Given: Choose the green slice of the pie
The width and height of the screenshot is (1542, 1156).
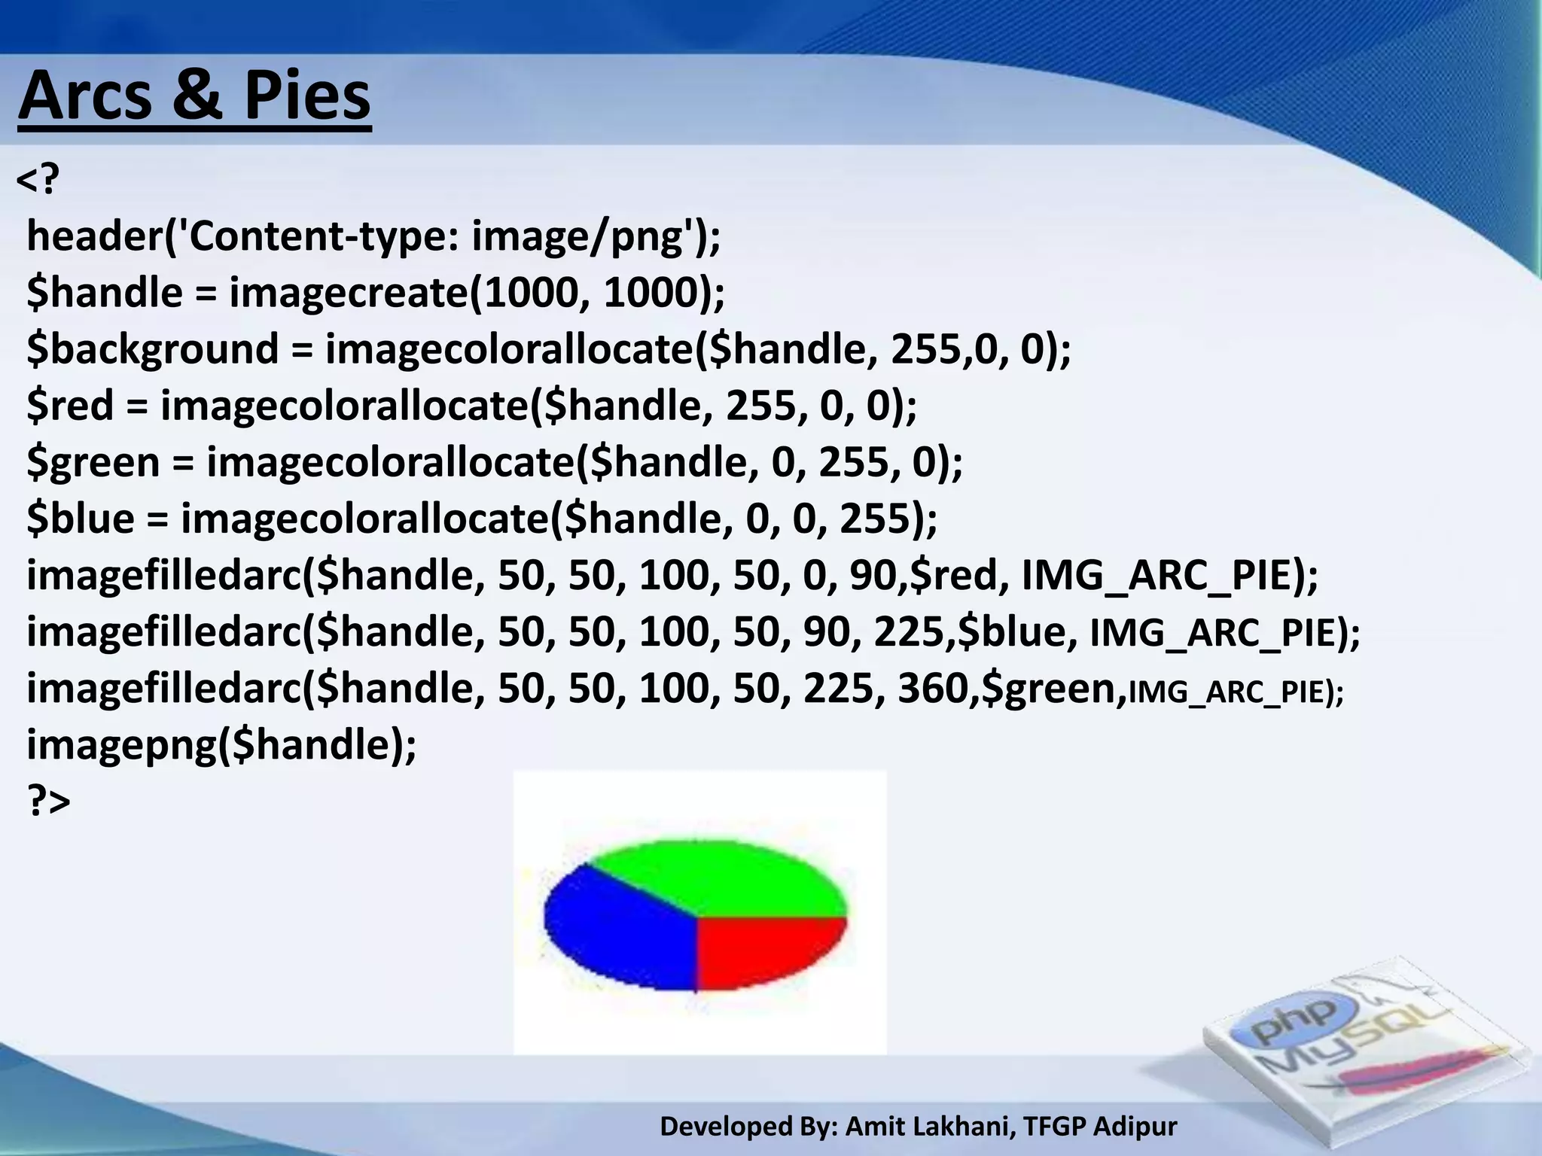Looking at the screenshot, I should click(x=723, y=877).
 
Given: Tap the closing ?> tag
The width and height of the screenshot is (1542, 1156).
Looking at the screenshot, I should click(x=48, y=801).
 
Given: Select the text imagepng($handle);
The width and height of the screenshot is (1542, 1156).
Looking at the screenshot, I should click(x=221, y=745).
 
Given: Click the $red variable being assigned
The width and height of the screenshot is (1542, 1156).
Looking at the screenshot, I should click(x=69, y=406).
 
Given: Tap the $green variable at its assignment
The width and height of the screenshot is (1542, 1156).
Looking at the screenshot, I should click(x=93, y=462).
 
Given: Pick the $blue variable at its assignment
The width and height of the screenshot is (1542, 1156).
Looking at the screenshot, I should click(x=81, y=519).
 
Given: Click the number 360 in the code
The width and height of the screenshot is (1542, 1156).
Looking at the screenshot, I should click(x=932, y=689).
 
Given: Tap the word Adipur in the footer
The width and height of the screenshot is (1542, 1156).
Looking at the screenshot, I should click(x=1135, y=1127).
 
